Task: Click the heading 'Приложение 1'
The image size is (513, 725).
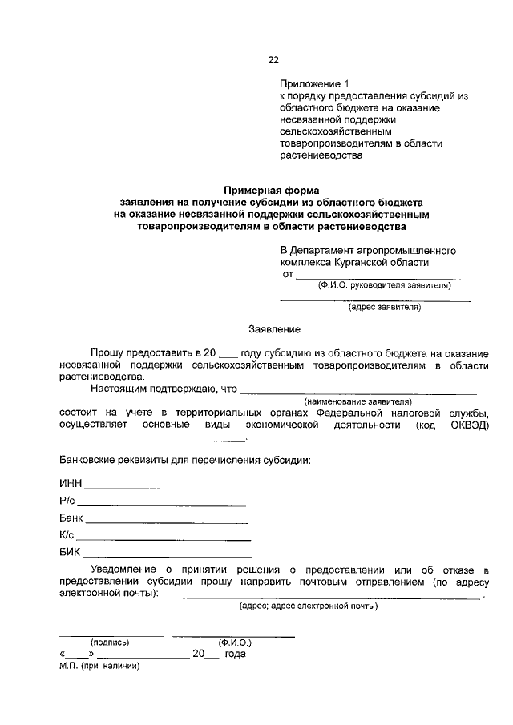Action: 315,83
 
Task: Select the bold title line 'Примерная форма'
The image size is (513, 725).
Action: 271,191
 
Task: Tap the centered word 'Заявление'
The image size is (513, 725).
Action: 274,329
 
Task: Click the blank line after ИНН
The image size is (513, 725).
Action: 167,486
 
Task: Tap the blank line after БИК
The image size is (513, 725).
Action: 168,555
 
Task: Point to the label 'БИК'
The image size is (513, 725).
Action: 71,554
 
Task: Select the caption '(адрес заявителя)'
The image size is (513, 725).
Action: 384,307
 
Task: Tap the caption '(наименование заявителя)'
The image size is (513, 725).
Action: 357,401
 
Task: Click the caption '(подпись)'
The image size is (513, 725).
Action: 111,642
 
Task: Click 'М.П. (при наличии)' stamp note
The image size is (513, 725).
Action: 99,666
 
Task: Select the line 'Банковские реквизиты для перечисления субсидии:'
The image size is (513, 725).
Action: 185,461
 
